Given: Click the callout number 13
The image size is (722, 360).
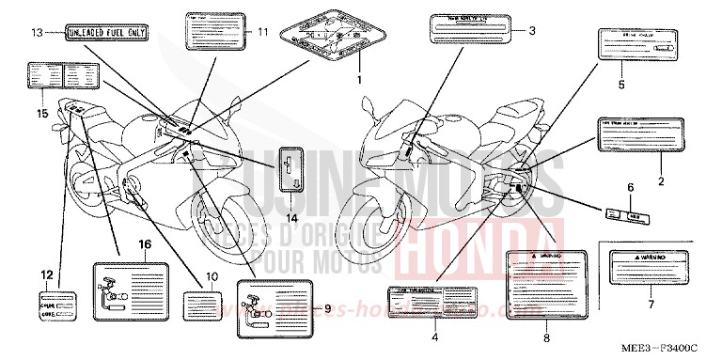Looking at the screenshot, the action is coord(37,33).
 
